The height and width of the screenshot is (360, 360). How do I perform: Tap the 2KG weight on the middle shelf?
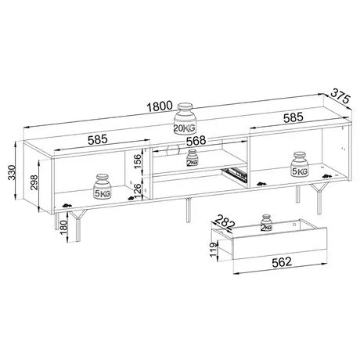tap(193, 160)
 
